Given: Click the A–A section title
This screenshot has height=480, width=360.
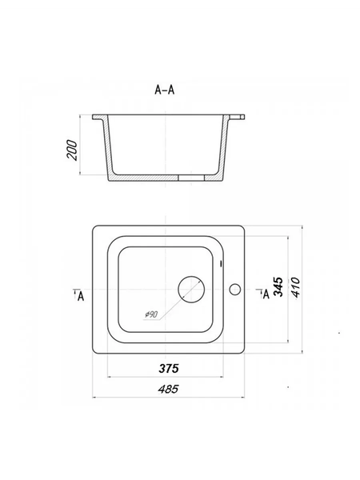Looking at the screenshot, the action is [x=165, y=90].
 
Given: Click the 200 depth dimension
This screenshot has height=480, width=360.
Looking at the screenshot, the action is [x=72, y=150].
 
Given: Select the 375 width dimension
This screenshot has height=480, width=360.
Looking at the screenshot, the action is [x=169, y=368].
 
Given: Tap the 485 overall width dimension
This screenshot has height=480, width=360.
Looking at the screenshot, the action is [x=168, y=389].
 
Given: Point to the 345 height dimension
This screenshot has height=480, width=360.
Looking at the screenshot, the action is [x=278, y=287].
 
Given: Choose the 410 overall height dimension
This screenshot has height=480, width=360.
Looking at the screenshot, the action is [x=296, y=287].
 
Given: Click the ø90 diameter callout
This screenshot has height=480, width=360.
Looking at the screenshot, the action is [x=151, y=314].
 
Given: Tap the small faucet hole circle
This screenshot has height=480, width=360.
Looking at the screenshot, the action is [x=234, y=290].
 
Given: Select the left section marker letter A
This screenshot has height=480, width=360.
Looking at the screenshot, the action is [x=81, y=296].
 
